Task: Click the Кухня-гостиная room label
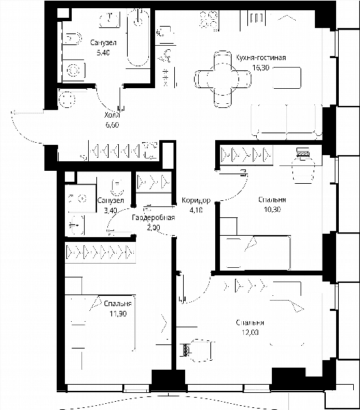pyautogui.click(x=261, y=57)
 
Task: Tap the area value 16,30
pyautogui.click(x=261, y=68)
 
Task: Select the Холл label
pyautogui.click(x=112, y=115)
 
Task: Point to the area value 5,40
pyautogui.click(x=103, y=53)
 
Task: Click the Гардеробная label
pyautogui.click(x=154, y=217)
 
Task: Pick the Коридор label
pyautogui.click(x=196, y=200)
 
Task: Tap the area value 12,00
pyautogui.click(x=250, y=332)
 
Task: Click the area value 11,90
pyautogui.click(x=118, y=313)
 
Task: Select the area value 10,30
pyautogui.click(x=272, y=210)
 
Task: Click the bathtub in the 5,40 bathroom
pyautogui.click(x=138, y=37)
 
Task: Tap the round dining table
pyautogui.click(x=223, y=79)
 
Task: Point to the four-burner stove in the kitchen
pyautogui.click(x=209, y=20)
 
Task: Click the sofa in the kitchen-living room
pyautogui.click(x=286, y=122)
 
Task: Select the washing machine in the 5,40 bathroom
pyautogui.click(x=74, y=70)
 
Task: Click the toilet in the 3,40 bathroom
pyautogui.click(x=117, y=187)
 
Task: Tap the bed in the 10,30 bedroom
pyautogui.click(x=255, y=253)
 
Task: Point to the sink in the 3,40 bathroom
pyautogui.click(x=77, y=225)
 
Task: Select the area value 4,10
pyautogui.click(x=196, y=210)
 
